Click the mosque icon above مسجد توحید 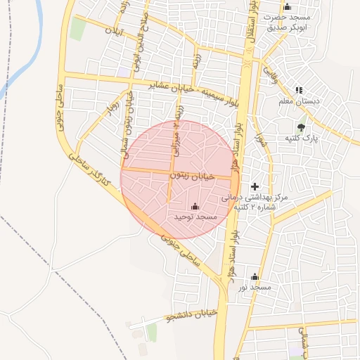pos(195,207)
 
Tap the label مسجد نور pos(254,287)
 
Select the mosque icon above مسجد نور pos(255,277)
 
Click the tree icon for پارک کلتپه pos(301,128)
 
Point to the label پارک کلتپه pos(302,139)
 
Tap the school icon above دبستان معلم pos(299,90)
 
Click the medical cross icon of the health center pos(255,185)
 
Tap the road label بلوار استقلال pos(251,28)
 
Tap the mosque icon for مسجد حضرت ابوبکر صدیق pos(286,6)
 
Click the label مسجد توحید pos(195,217)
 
